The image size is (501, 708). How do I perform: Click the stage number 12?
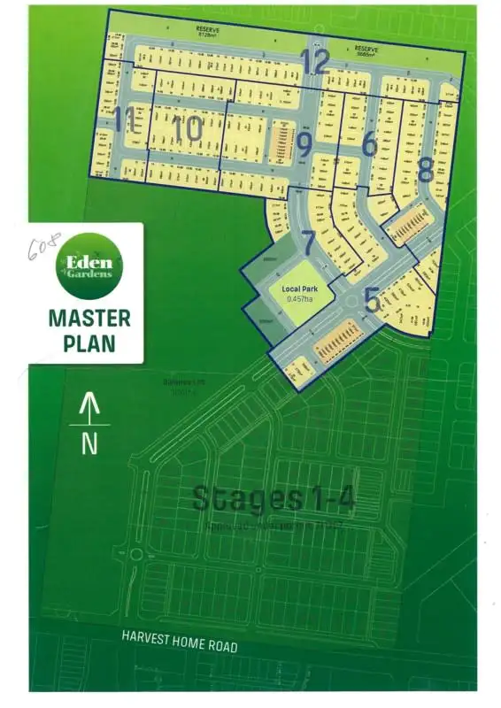pos(315,63)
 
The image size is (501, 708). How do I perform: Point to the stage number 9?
pos(304,145)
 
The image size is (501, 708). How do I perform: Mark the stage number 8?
pos(426,169)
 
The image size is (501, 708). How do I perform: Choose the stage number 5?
pos(373,302)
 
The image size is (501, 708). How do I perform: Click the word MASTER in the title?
pos(89,318)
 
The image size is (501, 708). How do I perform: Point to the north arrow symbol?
pos(89,409)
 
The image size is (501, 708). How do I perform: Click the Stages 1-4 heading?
pos(274,499)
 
